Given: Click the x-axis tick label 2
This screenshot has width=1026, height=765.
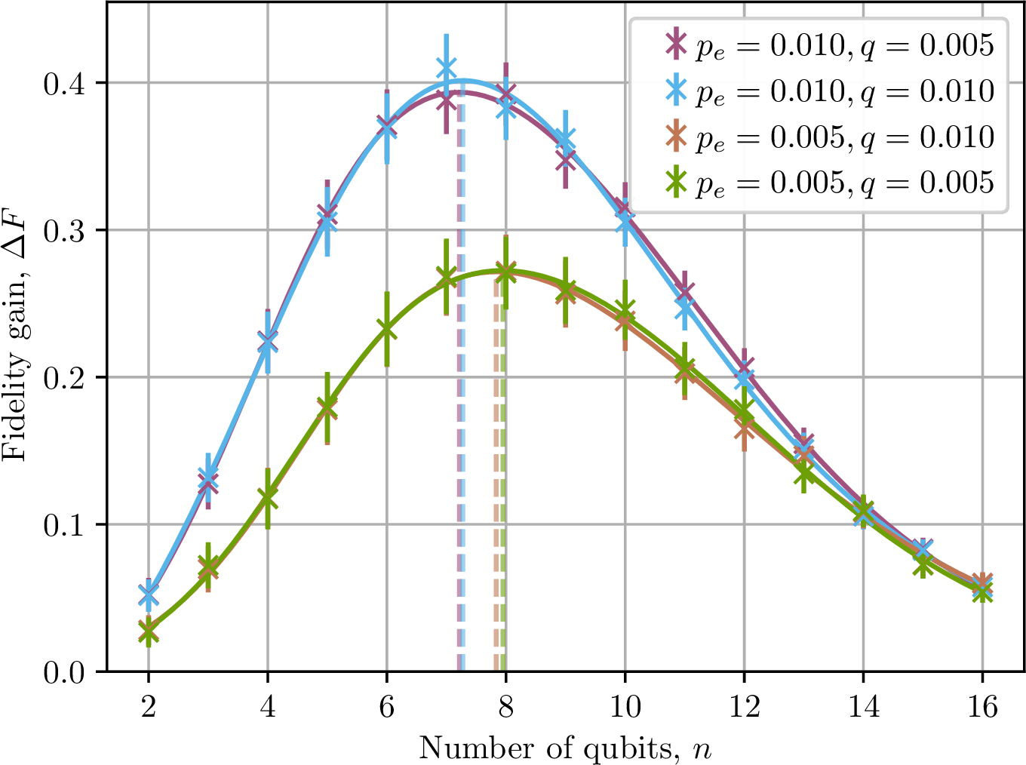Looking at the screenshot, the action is pyautogui.click(x=148, y=707).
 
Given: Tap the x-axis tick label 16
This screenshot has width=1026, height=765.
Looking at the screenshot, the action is pyautogui.click(x=982, y=707).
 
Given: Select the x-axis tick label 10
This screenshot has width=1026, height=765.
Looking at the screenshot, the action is pyautogui.click(x=625, y=707).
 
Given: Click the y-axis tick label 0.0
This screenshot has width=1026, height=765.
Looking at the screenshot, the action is pyautogui.click(x=65, y=674).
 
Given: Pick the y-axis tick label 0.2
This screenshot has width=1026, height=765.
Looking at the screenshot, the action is pyautogui.click(x=65, y=379).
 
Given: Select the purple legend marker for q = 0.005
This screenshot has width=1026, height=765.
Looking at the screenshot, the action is pyautogui.click(x=676, y=44).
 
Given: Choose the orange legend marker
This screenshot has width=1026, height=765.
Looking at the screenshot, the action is pyautogui.click(x=676, y=136).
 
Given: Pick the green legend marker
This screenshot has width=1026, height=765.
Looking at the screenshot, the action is pyautogui.click(x=676, y=181).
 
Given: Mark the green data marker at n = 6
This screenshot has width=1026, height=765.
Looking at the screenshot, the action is pyautogui.click(x=386, y=330).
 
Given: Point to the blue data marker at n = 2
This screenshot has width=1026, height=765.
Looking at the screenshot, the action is pyautogui.click(x=148, y=594).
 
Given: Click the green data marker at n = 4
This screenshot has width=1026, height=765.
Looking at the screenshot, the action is pyautogui.click(x=267, y=499).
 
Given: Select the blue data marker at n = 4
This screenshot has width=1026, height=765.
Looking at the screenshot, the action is pyautogui.click(x=267, y=343).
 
